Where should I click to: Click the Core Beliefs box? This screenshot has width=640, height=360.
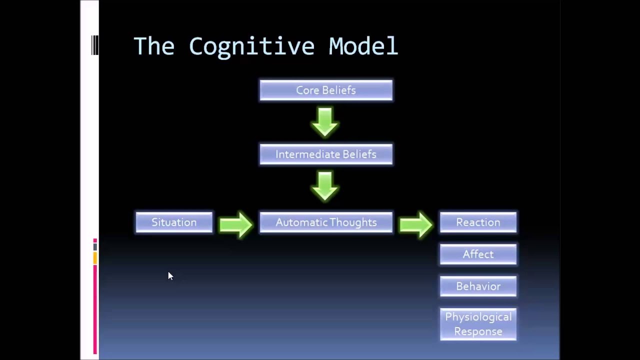[x=326, y=90]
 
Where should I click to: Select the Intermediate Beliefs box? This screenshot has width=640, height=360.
[x=326, y=154]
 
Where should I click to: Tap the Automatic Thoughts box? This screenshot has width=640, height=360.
[x=326, y=222]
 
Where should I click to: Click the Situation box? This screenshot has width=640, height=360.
[x=174, y=222]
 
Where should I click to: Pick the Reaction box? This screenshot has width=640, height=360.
[x=478, y=222]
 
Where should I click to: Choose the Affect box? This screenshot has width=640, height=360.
[x=478, y=254]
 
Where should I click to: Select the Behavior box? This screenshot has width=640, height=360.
[x=478, y=286]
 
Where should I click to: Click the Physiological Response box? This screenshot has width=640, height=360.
[x=478, y=324]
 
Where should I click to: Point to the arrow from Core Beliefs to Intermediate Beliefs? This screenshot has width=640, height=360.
[x=325, y=122]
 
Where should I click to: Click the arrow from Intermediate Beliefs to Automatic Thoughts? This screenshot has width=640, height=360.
[x=325, y=186]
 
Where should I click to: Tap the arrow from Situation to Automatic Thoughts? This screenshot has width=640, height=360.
[x=236, y=224]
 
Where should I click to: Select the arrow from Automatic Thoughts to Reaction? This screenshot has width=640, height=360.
[x=416, y=224]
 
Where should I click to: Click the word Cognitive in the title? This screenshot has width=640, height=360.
[x=251, y=46]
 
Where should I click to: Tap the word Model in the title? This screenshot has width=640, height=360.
[x=363, y=46]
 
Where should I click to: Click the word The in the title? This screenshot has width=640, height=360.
[x=154, y=46]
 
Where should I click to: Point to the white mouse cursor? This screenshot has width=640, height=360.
[x=170, y=276]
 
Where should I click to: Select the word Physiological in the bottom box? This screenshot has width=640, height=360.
[x=478, y=317]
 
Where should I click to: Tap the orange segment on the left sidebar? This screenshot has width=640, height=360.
[x=95, y=258]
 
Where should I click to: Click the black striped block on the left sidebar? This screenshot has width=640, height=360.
[x=95, y=45]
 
